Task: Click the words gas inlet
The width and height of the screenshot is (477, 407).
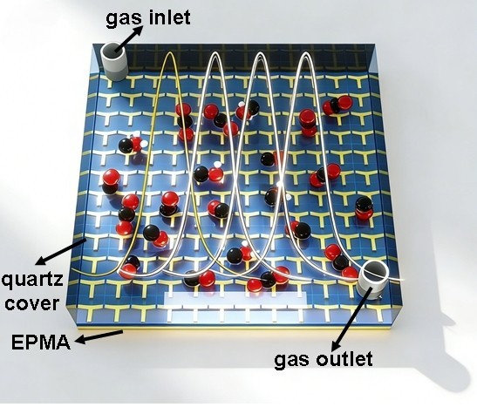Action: pyautogui.click(x=148, y=18)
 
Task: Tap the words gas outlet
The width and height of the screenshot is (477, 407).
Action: pyautogui.click(x=324, y=360)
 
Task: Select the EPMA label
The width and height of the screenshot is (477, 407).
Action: pyautogui.click(x=41, y=343)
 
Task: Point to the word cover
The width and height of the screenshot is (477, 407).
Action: pyautogui.click(x=32, y=303)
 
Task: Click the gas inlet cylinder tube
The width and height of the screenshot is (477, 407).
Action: pyautogui.click(x=113, y=61)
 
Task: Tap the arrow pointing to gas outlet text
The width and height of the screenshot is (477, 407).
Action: pyautogui.click(x=351, y=319)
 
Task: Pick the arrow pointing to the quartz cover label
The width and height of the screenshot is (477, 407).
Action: pyautogui.click(x=61, y=252)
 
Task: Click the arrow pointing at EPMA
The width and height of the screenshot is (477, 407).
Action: pyautogui.click(x=99, y=336)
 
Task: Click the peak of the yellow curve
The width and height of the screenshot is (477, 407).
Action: pyautogui.click(x=169, y=52)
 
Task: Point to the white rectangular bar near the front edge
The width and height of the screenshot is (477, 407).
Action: pyautogui.click(x=235, y=298)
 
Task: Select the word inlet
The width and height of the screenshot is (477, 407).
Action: pyautogui.click(x=170, y=17)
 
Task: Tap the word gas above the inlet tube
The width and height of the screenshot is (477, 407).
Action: pyautogui.click(x=124, y=20)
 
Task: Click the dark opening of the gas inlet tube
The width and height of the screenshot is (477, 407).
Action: pyautogui.click(x=112, y=50)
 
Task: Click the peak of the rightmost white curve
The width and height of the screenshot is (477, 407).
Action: pyautogui.click(x=305, y=54)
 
